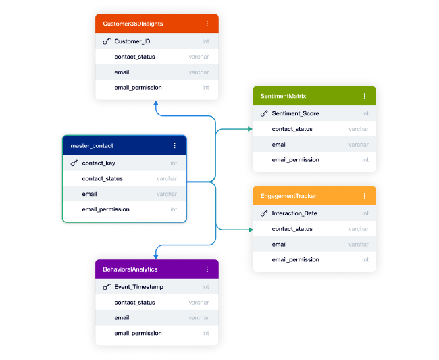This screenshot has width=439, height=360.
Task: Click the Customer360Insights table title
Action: click(133, 24)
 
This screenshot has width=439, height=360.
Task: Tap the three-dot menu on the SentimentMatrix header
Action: click(365, 97)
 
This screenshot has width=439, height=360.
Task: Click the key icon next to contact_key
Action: click(74, 163)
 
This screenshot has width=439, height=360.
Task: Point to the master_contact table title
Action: click(92, 145)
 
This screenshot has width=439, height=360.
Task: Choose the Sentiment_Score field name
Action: click(295, 113)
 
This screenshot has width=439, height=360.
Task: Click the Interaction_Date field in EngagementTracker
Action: click(294, 213)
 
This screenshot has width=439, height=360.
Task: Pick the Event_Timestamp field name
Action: click(138, 287)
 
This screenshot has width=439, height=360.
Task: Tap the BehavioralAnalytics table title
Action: click(130, 269)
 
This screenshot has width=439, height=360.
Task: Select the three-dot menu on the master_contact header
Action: click(174, 145)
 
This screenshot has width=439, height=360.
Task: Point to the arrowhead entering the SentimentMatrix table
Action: click(249, 129)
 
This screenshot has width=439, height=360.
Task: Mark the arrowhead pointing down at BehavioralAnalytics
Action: click(157, 255)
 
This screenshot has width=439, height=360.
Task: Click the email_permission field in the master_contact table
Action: click(105, 209)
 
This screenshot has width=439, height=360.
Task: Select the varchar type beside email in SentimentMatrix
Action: click(359, 145)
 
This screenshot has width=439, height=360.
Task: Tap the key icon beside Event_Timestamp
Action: click(107, 287)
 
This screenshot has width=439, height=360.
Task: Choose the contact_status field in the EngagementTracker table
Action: click(292, 229)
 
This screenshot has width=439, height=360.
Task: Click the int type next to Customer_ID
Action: click(205, 41)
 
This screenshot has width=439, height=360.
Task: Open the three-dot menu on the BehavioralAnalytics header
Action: click(207, 269)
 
